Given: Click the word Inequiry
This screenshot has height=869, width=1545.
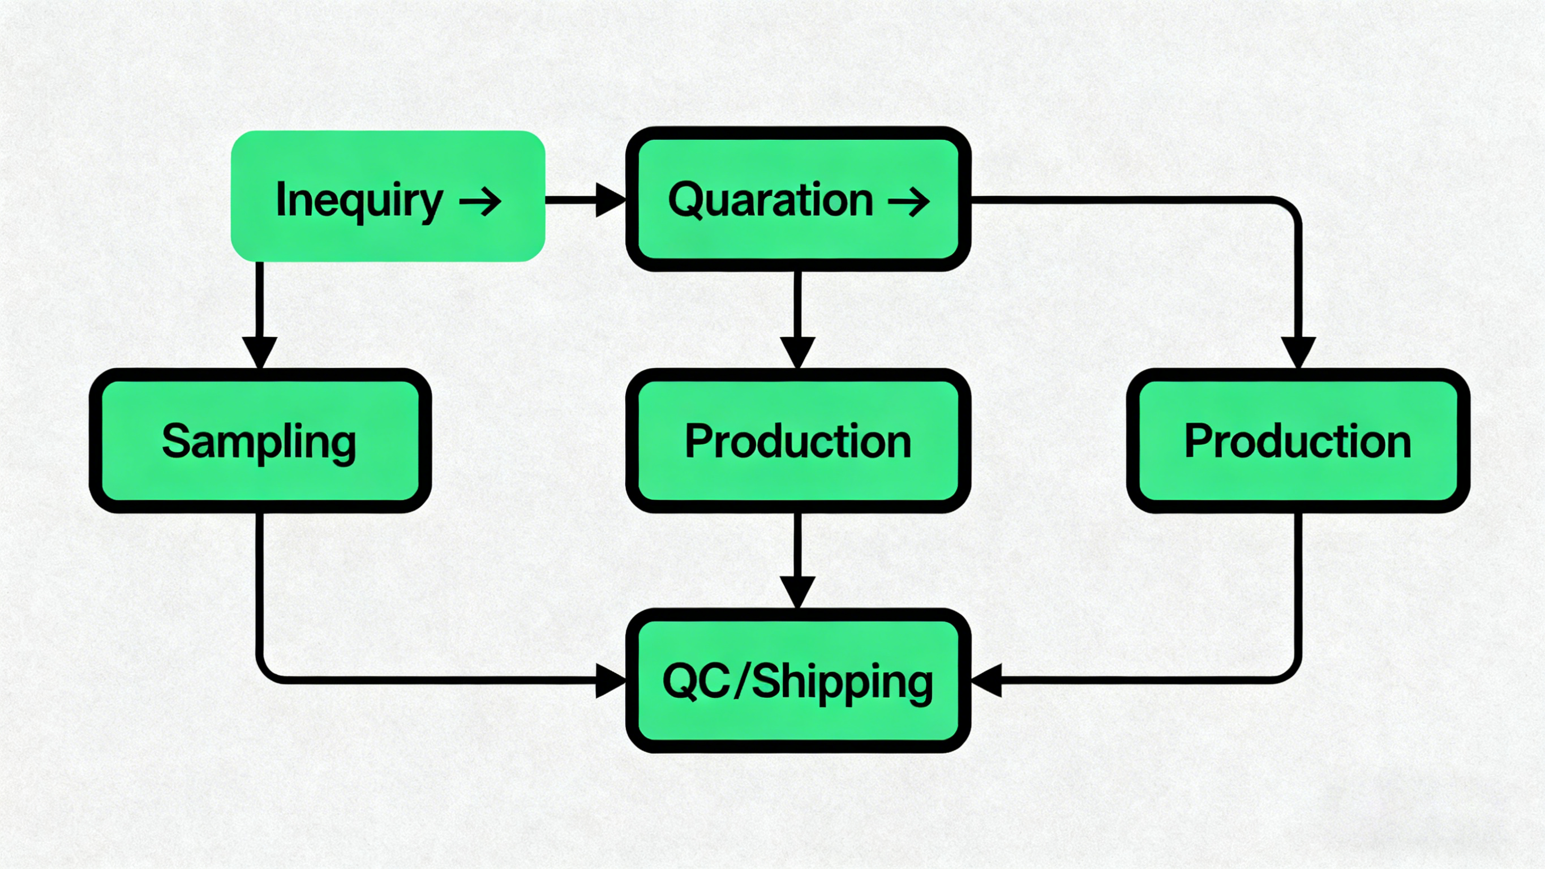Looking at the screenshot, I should click(359, 200).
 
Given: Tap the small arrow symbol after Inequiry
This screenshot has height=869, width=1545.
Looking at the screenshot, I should click(480, 201).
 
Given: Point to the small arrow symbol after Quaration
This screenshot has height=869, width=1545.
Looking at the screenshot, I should click(909, 201).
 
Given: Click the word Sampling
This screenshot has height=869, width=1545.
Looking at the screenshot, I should click(259, 442).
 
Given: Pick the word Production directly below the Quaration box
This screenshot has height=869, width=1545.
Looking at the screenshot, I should click(798, 441).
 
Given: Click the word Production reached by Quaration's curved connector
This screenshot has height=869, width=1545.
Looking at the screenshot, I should click(1297, 441).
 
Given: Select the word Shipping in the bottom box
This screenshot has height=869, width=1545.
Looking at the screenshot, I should click(842, 683).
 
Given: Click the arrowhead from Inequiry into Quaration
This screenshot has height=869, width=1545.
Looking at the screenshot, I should click(610, 200).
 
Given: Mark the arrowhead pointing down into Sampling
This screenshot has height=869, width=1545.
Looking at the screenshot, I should click(259, 352).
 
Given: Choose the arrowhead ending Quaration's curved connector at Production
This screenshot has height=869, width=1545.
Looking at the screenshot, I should click(1298, 352).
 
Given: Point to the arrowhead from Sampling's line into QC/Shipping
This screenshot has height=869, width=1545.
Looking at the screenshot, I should click(610, 680).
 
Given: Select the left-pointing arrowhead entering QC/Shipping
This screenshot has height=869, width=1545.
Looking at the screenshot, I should click(986, 680).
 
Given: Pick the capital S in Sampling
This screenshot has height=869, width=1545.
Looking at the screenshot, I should click(175, 441).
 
